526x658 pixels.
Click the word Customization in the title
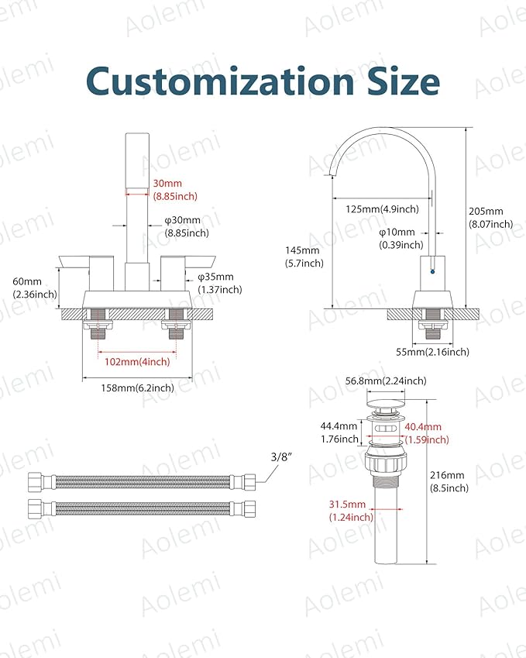click(x=220, y=81)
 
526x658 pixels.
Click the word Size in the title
click(x=404, y=81)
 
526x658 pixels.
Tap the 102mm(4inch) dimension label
click(x=137, y=362)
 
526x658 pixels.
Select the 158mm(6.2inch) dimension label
click(x=138, y=388)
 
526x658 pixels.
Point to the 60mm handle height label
click(x=35, y=288)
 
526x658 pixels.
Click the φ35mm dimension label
click(x=220, y=283)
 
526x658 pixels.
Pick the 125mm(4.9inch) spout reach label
click(x=382, y=209)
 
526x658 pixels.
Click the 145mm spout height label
click(x=304, y=257)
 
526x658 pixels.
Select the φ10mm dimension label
click(x=401, y=238)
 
